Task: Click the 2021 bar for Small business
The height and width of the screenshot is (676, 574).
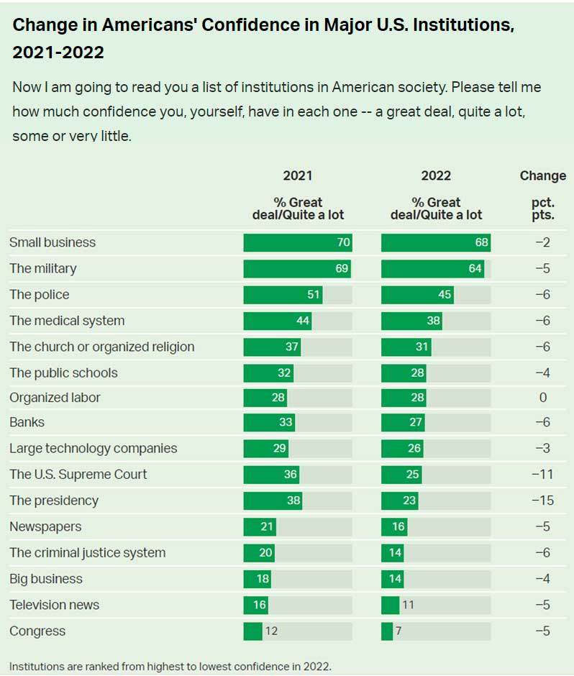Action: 298,242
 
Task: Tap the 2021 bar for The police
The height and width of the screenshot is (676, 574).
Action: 283,295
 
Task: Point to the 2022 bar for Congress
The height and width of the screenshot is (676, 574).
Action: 387,631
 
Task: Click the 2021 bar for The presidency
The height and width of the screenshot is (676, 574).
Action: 273,501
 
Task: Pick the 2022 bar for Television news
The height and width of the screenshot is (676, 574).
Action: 390,605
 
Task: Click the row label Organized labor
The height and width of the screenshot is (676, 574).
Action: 55,398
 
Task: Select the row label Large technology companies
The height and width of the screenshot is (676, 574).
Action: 93,448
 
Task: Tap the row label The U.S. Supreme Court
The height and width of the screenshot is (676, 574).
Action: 78,475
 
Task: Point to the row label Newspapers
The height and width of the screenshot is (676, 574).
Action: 45,526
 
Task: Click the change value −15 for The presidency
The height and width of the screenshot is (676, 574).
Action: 542,501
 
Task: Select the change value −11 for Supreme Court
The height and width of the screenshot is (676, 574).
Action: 542,475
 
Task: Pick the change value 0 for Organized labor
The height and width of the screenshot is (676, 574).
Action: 543,398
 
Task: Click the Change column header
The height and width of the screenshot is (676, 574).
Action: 542,175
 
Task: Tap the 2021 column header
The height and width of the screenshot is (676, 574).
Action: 298,175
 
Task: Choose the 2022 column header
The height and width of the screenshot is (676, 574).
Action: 436,175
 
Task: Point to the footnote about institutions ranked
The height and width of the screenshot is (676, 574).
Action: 170,665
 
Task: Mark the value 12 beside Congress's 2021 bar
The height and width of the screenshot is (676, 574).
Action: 270,631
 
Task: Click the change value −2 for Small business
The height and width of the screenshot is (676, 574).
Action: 542,242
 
